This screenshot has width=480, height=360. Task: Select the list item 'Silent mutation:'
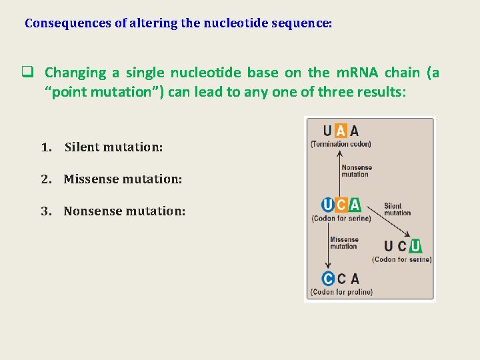pyautogui.click(x=113, y=147)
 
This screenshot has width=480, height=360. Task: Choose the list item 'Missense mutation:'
pyautogui.click(x=123, y=179)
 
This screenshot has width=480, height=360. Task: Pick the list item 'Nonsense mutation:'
pyautogui.click(x=124, y=211)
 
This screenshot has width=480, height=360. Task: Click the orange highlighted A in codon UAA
pyautogui.click(x=341, y=131)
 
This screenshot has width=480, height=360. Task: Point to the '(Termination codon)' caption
pyautogui.click(x=341, y=144)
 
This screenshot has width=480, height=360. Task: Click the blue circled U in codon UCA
pyautogui.click(x=327, y=205)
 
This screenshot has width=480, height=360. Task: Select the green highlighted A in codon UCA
pyautogui.click(x=355, y=205)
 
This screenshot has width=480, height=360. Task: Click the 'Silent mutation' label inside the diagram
pyautogui.click(x=397, y=209)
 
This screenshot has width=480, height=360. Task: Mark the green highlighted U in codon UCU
pyautogui.click(x=415, y=246)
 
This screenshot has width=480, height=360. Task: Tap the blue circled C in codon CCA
pyautogui.click(x=327, y=279)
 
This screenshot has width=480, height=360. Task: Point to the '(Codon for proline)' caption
pyautogui.click(x=341, y=292)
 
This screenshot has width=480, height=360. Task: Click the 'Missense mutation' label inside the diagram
pyautogui.click(x=344, y=243)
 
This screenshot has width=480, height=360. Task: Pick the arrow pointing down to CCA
pyautogui.click(x=331, y=247)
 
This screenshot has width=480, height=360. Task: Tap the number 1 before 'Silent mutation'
pyautogui.click(x=45, y=147)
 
